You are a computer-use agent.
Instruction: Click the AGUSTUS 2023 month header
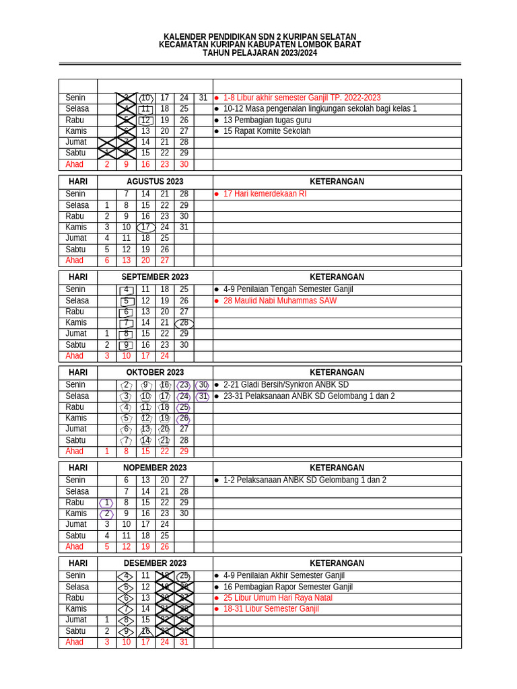coord(155,182)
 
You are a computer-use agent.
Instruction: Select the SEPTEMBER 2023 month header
coord(155,277)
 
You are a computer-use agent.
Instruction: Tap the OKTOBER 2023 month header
coord(155,373)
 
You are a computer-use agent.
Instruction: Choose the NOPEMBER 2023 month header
coord(155,468)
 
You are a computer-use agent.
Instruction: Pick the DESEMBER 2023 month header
coord(155,564)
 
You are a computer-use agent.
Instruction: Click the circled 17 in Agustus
coord(145,227)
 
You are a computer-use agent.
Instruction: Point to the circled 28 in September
coord(184,323)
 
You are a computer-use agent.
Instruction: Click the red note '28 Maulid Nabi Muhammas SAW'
coord(279,301)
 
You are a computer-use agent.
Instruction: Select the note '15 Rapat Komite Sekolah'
coord(267,131)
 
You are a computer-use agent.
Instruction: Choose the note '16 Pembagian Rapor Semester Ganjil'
coord(287,587)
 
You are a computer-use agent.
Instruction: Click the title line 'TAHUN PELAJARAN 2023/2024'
coord(259,53)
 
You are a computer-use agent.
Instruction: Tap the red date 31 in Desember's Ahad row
coord(184,643)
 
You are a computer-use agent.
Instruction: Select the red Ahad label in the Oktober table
coord(75,451)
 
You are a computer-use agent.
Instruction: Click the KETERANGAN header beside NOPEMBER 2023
coord(337,468)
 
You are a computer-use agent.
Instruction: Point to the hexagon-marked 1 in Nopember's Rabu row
coord(106,503)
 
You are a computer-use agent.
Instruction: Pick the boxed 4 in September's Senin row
coord(126,290)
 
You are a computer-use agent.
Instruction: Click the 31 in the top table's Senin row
coord(203,98)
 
